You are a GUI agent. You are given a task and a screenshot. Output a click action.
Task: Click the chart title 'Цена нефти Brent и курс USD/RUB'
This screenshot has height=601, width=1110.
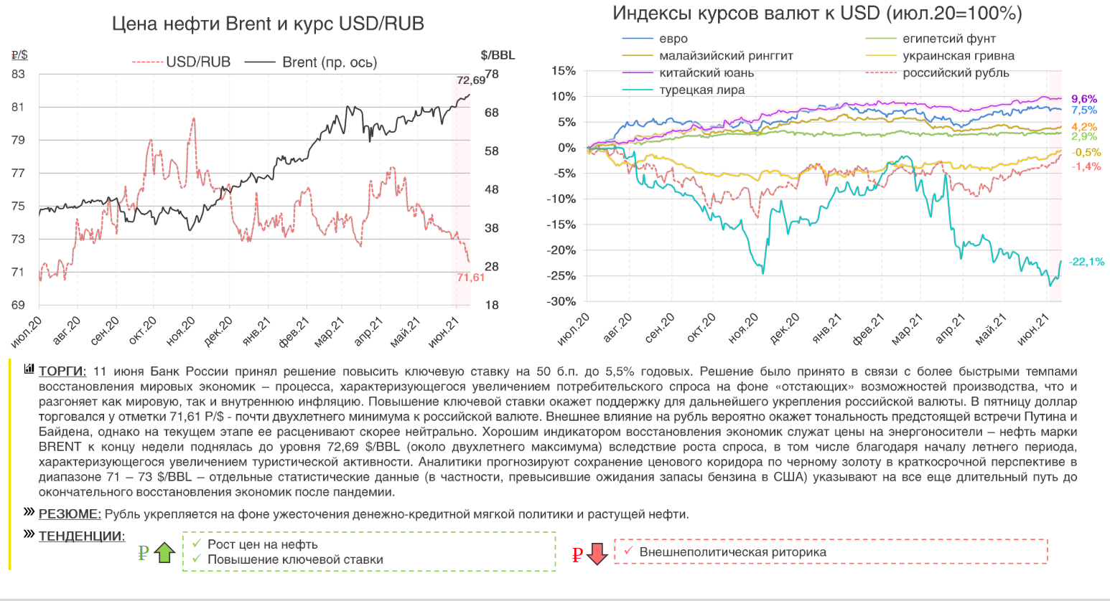coord(268,24)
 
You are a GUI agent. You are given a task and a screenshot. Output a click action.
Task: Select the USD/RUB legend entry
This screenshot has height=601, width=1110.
coord(197,62)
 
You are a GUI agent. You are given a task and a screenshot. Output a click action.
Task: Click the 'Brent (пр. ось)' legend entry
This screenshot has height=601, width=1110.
coord(329,62)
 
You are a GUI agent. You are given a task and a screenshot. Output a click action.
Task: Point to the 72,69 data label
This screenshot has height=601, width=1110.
coord(471,80)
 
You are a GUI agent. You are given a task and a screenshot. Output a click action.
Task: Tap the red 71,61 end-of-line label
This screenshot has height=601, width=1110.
coord(471,278)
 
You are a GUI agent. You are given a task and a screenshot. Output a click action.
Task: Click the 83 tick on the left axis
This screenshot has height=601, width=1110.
coord(18,75)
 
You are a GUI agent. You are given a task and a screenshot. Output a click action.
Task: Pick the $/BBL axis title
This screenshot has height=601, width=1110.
coord(498,55)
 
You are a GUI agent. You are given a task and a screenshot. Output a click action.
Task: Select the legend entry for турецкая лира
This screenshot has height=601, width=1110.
coord(701,90)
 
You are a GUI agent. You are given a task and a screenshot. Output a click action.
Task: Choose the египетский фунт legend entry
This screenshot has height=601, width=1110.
coord(948,39)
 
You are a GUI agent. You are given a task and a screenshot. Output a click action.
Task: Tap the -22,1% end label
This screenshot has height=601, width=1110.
coord(1086,262)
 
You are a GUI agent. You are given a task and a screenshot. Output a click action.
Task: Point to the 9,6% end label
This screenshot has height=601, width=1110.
coord(1084,99)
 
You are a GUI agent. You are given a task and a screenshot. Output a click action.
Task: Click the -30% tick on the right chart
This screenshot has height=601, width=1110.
coord(563,302)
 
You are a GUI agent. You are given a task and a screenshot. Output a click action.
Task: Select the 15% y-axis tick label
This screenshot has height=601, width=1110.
coord(564,71)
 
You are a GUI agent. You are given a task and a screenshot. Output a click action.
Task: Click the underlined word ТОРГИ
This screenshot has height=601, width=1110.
coord(62,372)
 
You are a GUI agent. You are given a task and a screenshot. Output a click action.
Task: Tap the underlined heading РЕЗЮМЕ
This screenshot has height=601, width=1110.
coord(70,514)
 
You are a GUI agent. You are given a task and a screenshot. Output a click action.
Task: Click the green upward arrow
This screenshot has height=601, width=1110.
coord(164,553)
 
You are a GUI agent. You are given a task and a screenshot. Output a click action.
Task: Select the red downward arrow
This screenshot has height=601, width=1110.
coord(597,554)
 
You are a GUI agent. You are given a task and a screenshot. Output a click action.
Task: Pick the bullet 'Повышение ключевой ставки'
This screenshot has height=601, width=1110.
coord(295,560)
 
